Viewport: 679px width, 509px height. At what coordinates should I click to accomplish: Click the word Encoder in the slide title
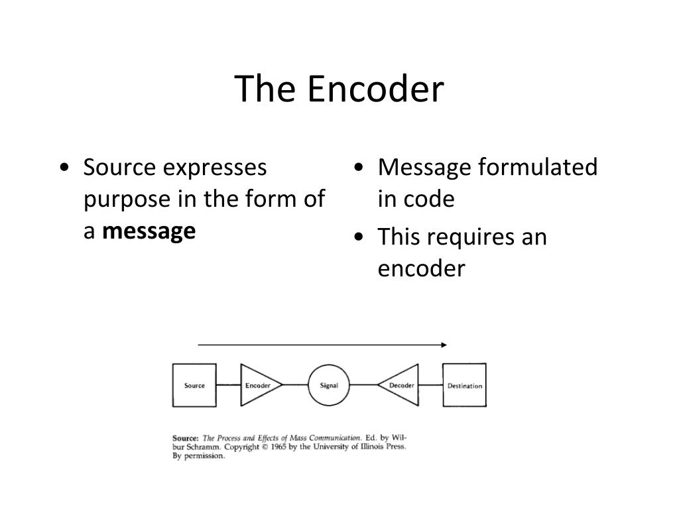(x=375, y=89)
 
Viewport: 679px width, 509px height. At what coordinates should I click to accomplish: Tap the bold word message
(x=149, y=231)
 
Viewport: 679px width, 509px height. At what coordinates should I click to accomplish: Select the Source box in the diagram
(x=194, y=385)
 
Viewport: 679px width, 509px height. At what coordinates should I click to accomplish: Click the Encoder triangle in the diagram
(x=257, y=385)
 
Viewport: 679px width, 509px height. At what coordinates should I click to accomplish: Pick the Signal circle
(x=329, y=385)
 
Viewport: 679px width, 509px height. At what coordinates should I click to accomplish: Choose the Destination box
(x=464, y=385)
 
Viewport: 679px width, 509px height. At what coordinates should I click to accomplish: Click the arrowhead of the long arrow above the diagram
(x=444, y=345)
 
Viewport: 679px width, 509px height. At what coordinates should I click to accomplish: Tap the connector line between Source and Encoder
(x=228, y=385)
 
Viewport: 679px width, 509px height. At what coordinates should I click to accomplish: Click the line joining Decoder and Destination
(x=431, y=385)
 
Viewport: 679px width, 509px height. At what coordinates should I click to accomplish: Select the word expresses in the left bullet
(x=215, y=168)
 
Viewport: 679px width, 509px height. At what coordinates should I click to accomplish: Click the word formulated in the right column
(x=537, y=168)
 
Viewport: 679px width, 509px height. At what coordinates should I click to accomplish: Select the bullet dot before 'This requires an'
(x=358, y=237)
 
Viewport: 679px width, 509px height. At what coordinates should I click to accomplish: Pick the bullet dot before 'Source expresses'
(x=64, y=168)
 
